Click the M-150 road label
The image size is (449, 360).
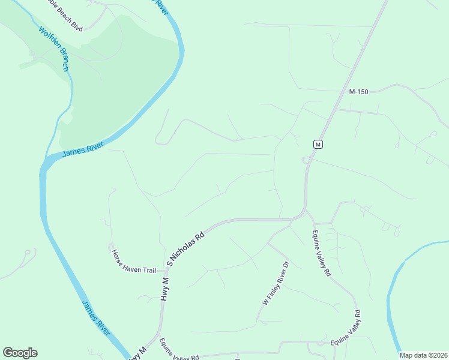[x=358, y=92]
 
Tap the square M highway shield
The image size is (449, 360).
[x=318, y=144]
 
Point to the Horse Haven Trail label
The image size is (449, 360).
[x=134, y=262]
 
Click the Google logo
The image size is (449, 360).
[x=20, y=353]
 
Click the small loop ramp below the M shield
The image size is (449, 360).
[x=305, y=160]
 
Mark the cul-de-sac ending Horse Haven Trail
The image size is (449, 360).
[x=110, y=247]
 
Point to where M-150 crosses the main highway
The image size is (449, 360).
[x=335, y=110]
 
